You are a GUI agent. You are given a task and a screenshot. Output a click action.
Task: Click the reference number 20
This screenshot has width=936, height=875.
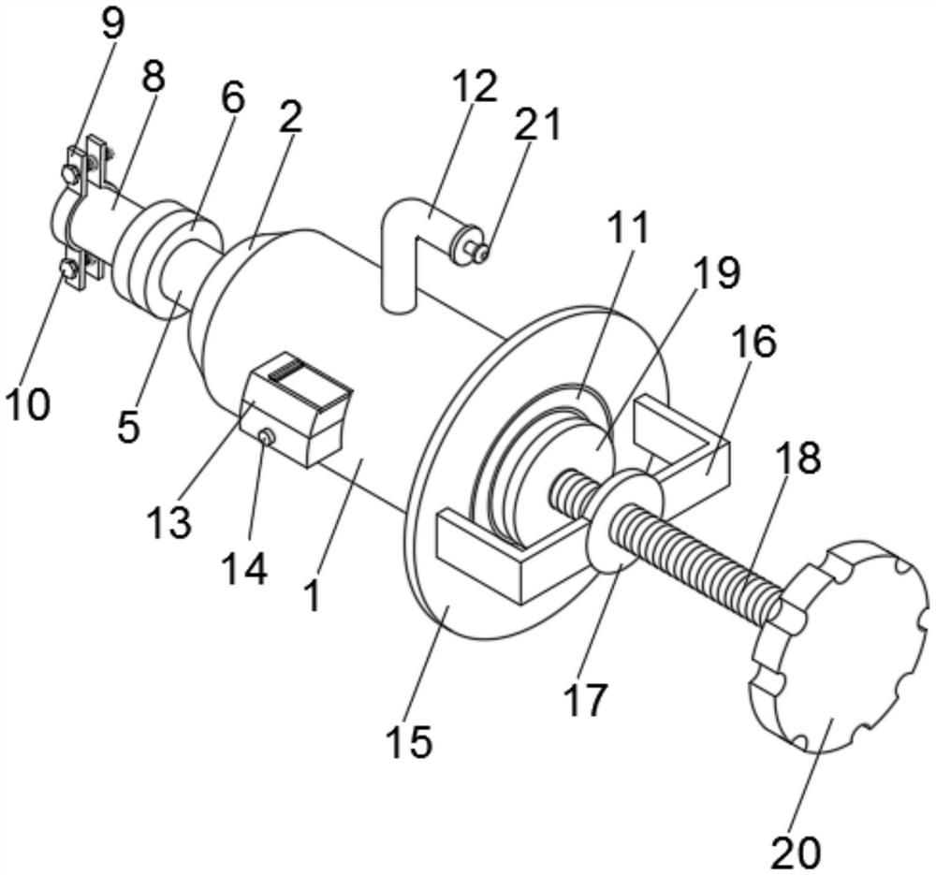coord(797,853)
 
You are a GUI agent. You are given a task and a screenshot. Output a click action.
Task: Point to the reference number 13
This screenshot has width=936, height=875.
coord(170,521)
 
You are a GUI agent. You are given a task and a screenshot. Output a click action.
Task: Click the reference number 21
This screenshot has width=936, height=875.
coord(538,124)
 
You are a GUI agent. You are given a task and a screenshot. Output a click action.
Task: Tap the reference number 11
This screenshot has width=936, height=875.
coord(629,228)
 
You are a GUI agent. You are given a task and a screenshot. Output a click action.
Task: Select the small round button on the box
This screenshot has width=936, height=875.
coord(266,438)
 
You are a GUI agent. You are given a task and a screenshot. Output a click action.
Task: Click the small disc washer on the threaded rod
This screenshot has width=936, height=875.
coord(624,520)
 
